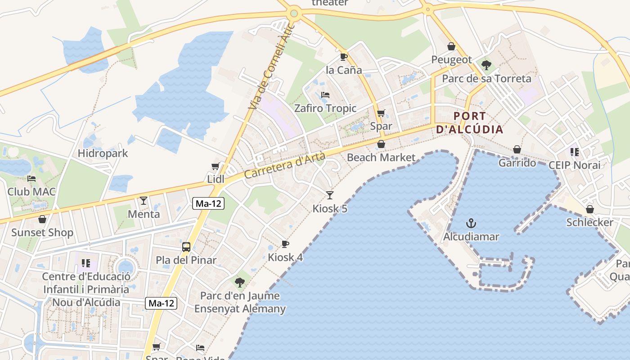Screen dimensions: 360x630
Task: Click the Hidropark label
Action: (103, 153)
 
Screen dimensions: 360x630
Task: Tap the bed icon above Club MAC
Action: (31, 179)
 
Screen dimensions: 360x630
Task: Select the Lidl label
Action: (216, 179)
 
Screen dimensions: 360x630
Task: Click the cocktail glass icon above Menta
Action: (144, 200)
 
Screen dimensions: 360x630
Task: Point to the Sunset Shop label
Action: (42, 233)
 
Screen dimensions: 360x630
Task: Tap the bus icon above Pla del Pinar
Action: (186, 247)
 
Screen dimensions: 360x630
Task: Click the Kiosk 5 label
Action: (330, 209)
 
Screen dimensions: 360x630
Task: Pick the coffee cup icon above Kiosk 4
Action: (285, 244)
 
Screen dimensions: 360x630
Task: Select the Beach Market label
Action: (381, 157)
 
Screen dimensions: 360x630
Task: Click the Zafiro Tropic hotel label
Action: (325, 108)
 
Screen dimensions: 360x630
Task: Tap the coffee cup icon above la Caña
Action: (344, 57)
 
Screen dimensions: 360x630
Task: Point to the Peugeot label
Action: (451, 60)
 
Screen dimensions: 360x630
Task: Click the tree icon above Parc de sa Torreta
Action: (486, 65)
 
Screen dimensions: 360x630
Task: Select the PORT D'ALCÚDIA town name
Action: (469, 123)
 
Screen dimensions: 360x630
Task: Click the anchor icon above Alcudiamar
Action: (471, 223)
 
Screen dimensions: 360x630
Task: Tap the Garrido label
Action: (517, 163)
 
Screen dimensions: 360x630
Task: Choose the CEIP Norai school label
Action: (574, 165)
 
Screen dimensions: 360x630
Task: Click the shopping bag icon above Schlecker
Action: (589, 209)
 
